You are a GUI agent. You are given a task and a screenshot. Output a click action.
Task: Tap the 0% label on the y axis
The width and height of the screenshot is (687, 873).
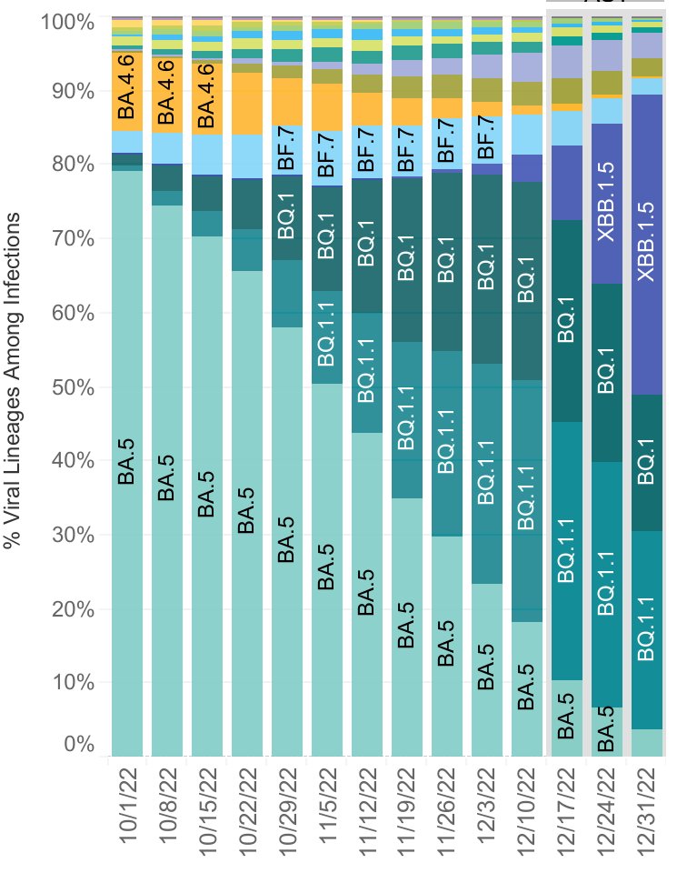click(x=79, y=745)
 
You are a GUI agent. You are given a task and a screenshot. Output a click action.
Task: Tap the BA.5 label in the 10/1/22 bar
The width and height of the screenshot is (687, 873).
click(x=127, y=462)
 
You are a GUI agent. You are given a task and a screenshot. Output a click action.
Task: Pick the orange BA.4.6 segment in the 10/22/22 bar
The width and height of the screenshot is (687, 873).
click(x=247, y=104)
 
